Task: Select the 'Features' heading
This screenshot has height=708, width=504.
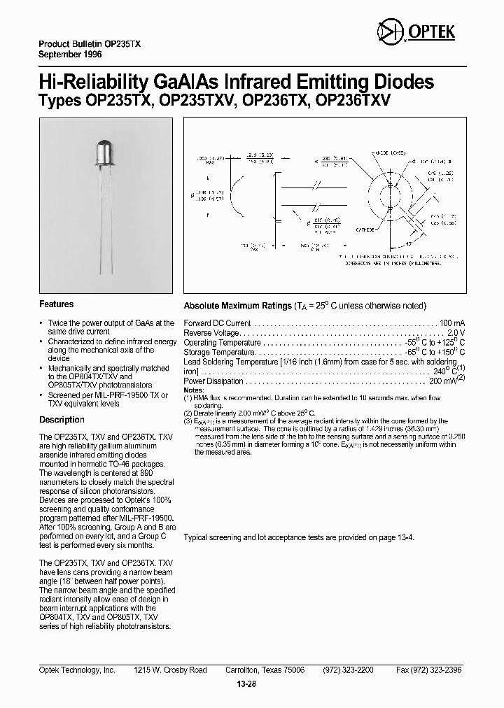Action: pyautogui.click(x=56, y=304)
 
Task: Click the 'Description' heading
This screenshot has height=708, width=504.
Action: pyautogui.click(x=62, y=420)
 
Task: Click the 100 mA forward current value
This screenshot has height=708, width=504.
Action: pyautogui.click(x=452, y=323)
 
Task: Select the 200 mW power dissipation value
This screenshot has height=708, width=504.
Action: pyautogui.click(x=443, y=382)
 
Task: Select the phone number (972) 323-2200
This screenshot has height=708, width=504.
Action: pyautogui.click(x=348, y=670)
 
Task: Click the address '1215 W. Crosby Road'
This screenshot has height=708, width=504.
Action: pyautogui.click(x=170, y=670)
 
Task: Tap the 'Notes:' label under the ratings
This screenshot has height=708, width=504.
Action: pyautogui.click(x=193, y=389)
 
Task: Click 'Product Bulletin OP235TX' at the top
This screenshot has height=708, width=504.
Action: pyautogui.click(x=89, y=43)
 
